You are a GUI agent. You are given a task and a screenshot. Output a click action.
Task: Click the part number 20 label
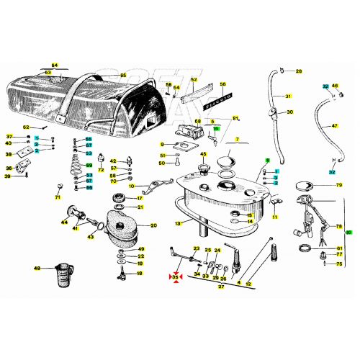[x=153, y=225]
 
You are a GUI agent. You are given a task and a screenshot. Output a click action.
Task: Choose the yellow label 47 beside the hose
[x=334, y=126]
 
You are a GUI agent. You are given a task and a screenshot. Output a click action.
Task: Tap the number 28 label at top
[x=299, y=71]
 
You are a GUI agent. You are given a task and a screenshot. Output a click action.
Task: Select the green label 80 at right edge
[x=350, y=233]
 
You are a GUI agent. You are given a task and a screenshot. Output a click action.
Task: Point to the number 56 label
[x=222, y=84]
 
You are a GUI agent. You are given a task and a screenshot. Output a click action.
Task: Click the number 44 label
[x=65, y=223]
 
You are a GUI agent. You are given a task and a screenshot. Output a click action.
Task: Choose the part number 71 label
[x=58, y=197]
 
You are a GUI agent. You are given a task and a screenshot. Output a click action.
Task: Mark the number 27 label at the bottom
[x=222, y=286]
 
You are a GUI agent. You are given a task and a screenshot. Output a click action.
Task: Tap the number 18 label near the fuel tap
[x=140, y=274]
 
